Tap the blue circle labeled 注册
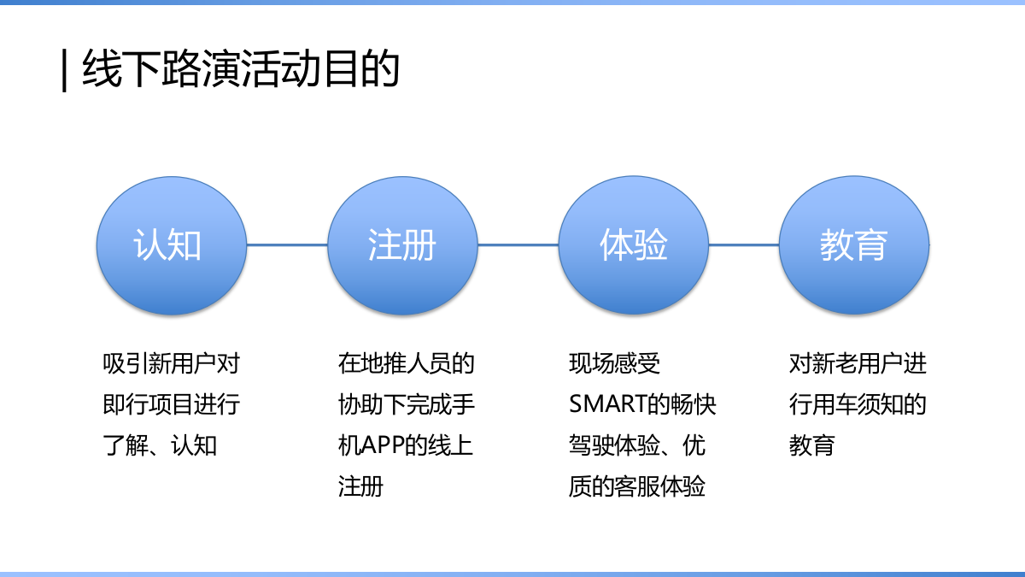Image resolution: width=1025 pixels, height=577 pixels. point(402,245)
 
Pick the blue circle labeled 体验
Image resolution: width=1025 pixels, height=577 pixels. point(633,245)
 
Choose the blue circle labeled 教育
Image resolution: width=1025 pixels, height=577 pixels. point(854,245)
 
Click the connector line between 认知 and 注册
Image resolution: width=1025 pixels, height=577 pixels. point(287,245)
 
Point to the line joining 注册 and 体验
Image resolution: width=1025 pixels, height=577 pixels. point(518,245)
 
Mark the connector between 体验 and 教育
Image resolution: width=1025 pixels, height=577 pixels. point(744,245)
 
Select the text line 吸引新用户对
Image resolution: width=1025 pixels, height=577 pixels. point(172,364)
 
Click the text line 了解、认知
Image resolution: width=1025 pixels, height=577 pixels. point(160,446)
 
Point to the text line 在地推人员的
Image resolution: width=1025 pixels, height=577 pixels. point(406,364)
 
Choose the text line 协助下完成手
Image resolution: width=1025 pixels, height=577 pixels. point(406,405)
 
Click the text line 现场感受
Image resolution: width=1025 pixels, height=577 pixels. point(614,364)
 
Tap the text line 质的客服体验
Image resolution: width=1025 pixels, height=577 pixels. point(637,487)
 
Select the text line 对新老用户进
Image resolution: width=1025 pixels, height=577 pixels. point(858,364)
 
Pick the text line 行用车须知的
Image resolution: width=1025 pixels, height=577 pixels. point(858,405)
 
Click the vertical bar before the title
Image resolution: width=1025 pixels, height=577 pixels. point(65,70)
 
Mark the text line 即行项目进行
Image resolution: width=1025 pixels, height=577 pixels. point(172,405)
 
